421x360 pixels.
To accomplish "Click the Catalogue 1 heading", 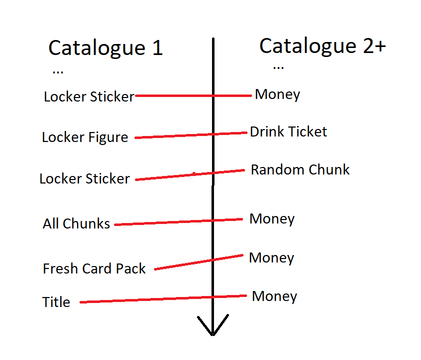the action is coord(105,48).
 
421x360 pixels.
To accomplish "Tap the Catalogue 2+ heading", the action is coord(322,46).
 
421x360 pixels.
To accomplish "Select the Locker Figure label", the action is coord(85,137).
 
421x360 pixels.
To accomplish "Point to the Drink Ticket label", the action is coord(288,132).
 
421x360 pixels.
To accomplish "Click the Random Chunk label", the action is coord(300,170).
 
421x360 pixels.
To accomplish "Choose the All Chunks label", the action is coord(76,224).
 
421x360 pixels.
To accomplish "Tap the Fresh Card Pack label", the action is coord(94,269).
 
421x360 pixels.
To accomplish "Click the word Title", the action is coord(56,302).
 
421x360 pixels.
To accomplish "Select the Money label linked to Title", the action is coord(274,296).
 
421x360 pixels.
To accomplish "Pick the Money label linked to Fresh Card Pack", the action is coord(271,258).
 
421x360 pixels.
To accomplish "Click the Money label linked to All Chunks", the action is coord(272,219).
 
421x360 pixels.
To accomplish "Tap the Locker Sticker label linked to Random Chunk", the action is coord(85,178).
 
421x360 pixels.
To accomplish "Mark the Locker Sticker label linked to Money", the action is coord(89,96).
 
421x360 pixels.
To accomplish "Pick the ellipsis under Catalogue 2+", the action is coord(278,67).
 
